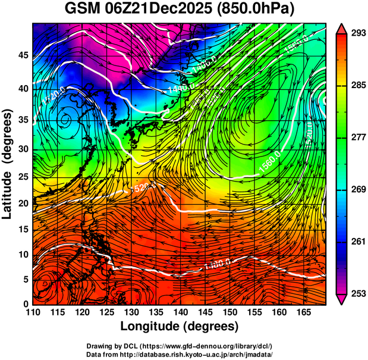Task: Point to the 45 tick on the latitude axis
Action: coord(22,54)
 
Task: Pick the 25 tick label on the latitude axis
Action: coord(22,179)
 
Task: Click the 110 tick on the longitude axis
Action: coord(33,312)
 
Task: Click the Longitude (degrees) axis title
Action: coord(179,326)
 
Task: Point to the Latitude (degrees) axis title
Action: coord(8,164)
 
